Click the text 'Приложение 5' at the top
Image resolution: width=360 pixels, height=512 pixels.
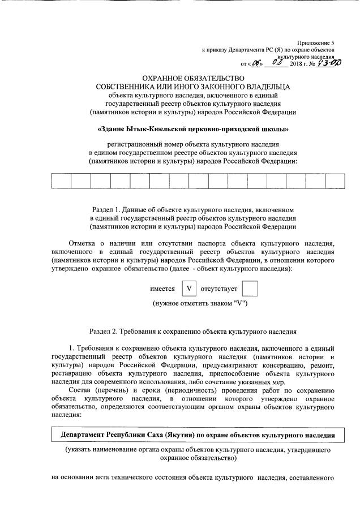coord(316,43)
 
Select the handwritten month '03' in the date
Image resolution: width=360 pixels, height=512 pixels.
coord(277,63)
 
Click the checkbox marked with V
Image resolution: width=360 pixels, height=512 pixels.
coord(188,289)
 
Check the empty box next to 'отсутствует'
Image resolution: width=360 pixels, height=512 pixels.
coord(250,289)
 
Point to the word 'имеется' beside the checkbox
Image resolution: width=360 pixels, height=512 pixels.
coord(162,289)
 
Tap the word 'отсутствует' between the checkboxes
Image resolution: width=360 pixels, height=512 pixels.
coord(218,289)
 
